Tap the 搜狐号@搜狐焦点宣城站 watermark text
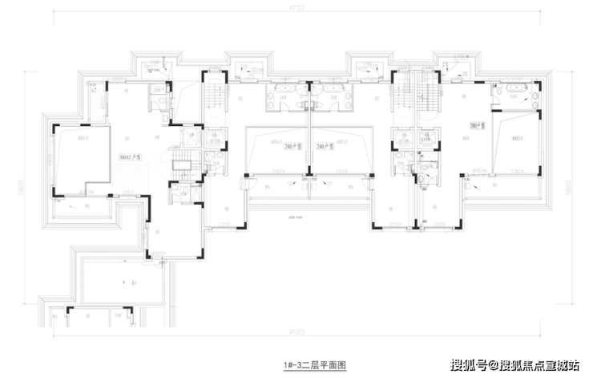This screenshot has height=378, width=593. (x=514, y=366)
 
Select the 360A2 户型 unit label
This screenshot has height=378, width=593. (x=130, y=157)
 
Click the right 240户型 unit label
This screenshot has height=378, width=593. (x=325, y=144)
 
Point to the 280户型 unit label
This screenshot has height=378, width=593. (x=478, y=126)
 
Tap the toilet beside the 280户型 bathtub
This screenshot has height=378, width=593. (x=531, y=94)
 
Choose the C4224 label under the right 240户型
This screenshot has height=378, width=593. (x=341, y=170)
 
